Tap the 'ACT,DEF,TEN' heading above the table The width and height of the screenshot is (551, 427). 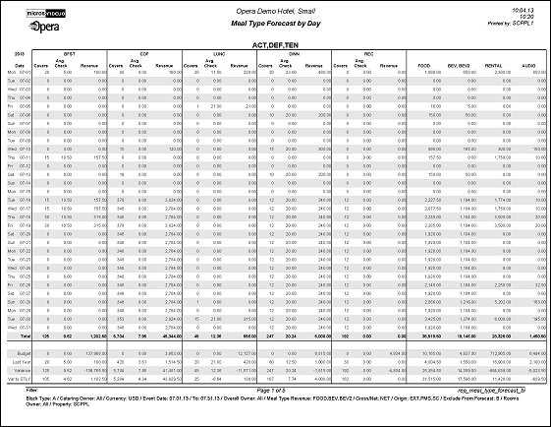(x=274, y=45)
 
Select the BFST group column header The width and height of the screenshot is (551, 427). (x=69, y=55)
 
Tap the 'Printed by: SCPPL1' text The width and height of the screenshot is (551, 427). (x=522, y=23)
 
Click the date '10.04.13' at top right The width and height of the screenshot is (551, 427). (x=528, y=9)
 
